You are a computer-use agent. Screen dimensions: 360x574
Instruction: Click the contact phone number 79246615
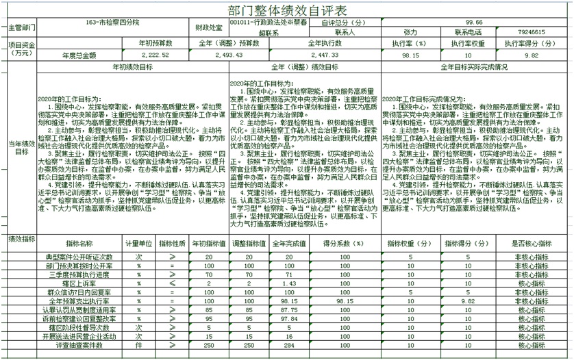pos(532,32)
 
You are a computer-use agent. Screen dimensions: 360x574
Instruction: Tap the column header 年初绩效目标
pos(132,67)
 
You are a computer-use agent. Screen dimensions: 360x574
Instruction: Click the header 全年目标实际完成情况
pos(474,67)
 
